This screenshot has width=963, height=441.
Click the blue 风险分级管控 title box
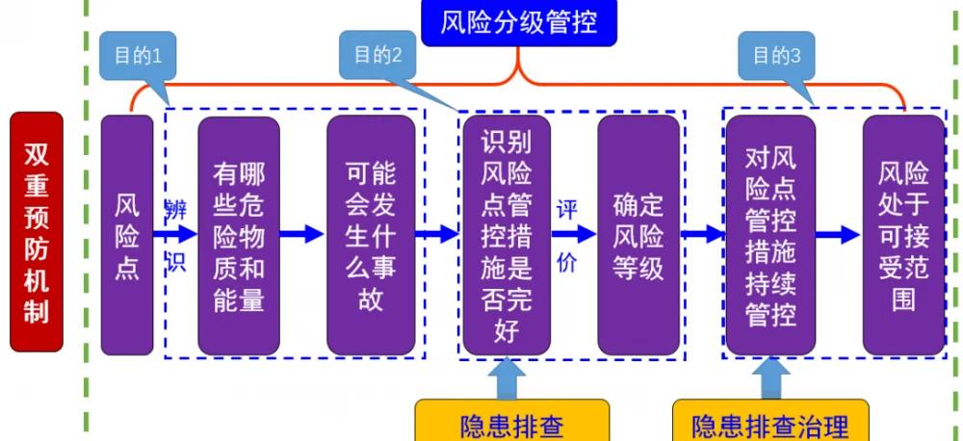click(x=519, y=22)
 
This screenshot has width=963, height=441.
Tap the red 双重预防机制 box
click(x=37, y=232)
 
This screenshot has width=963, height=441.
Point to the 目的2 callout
click(x=377, y=55)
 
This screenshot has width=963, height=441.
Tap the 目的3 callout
click(x=777, y=55)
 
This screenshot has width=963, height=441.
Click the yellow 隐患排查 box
click(x=511, y=424)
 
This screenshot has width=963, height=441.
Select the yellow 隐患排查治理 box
click(x=769, y=424)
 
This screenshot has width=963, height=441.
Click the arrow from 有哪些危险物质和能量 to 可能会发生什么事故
click(x=302, y=233)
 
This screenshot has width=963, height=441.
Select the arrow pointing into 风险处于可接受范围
click(x=839, y=234)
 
